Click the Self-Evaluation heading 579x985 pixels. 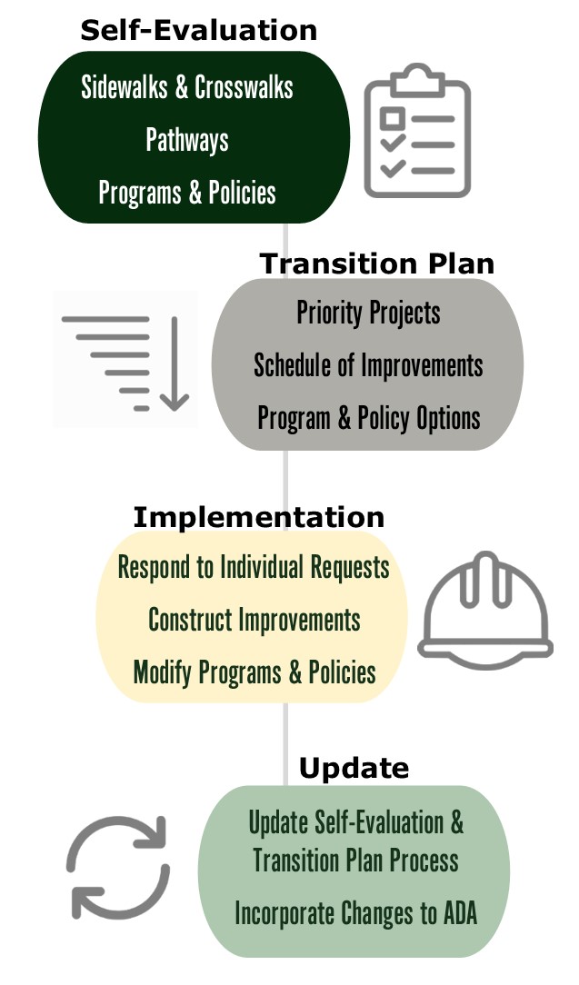[x=198, y=30]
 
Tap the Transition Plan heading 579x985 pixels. [x=377, y=264]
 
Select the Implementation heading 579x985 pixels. [x=258, y=517]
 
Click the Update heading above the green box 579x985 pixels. [x=354, y=769]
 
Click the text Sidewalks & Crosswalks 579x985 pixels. [x=187, y=87]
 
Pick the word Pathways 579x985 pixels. [x=187, y=140]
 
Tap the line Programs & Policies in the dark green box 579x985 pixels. [x=187, y=193]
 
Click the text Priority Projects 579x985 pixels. [x=368, y=313]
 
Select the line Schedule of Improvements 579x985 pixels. [x=368, y=365]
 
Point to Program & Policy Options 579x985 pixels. [x=368, y=418]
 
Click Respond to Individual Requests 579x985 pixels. [x=254, y=568]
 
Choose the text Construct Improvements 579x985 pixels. [x=255, y=621]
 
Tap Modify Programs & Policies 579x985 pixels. [x=255, y=673]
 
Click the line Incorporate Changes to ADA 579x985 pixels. [x=355, y=914]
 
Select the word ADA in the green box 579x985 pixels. [x=456, y=914]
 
